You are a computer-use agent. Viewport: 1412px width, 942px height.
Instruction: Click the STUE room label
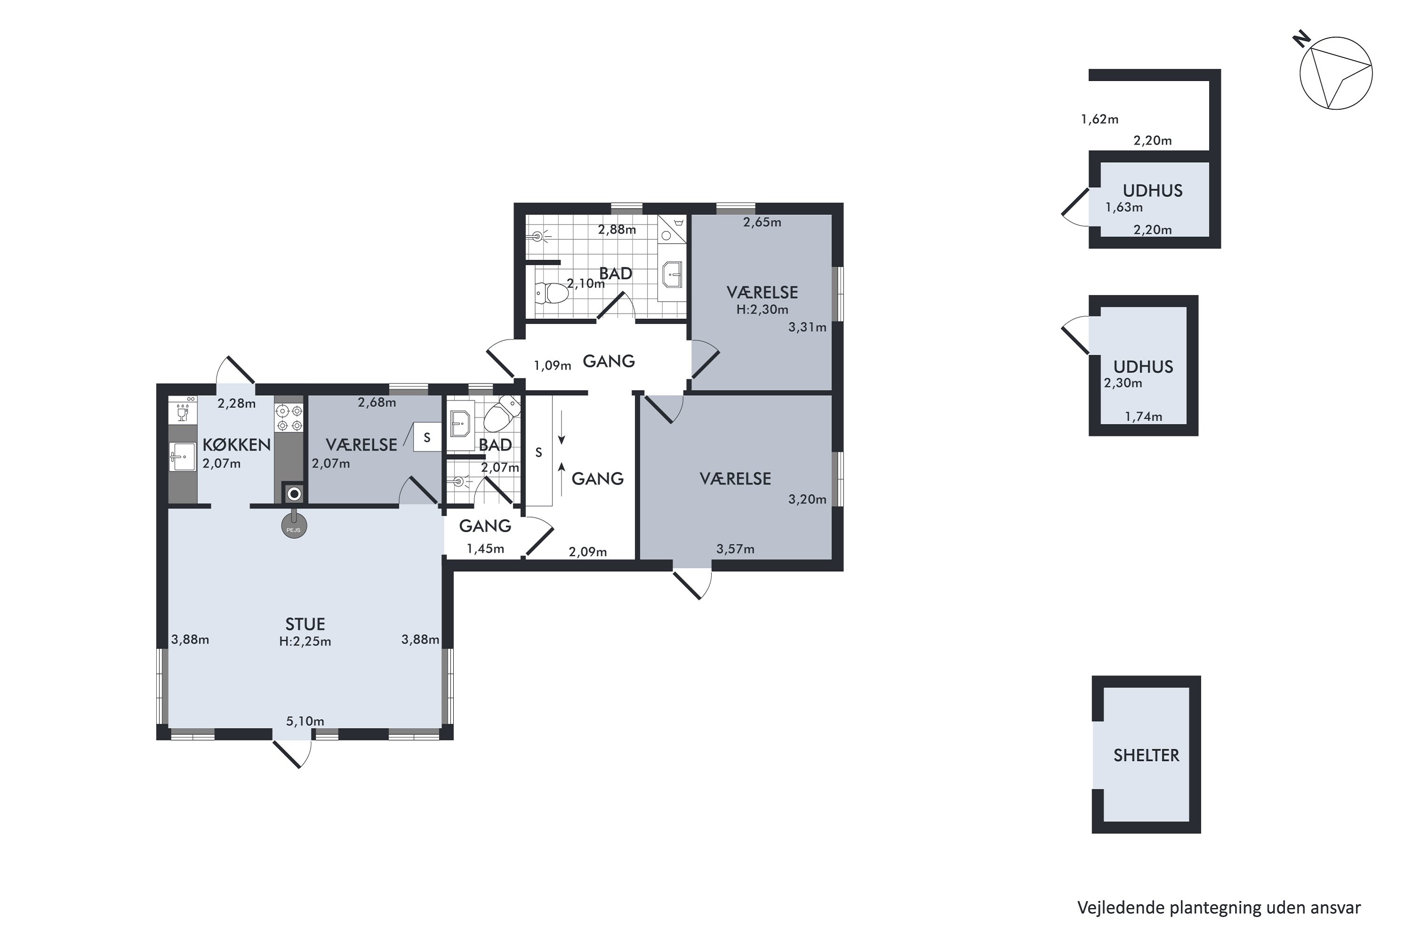click(x=305, y=624)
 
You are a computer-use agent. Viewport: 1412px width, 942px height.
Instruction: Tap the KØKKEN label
click(x=237, y=445)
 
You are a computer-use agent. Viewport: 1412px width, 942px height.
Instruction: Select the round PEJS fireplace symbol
click(x=294, y=527)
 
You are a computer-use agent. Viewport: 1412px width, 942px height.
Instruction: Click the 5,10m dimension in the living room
click(x=305, y=721)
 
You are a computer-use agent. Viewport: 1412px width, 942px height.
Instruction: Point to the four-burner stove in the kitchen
click(x=289, y=417)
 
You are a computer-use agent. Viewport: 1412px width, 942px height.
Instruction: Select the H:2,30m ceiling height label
click(x=762, y=310)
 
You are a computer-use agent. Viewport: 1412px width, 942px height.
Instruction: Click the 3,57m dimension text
click(x=735, y=549)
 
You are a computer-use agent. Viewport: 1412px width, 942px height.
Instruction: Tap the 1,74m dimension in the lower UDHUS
click(x=1143, y=416)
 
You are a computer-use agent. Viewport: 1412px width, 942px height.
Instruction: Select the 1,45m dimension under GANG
click(x=485, y=549)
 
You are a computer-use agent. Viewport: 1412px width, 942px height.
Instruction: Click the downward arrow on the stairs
click(x=562, y=428)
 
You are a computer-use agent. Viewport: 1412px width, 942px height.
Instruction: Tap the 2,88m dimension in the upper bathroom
click(x=617, y=229)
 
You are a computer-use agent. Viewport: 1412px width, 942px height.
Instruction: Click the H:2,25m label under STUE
click(x=305, y=642)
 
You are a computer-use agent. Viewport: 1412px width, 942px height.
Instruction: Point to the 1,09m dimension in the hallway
click(x=552, y=365)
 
